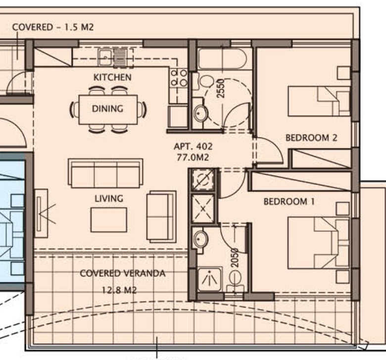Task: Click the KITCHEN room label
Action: pyautogui.click(x=112, y=77)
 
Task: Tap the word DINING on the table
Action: pyautogui.click(x=107, y=108)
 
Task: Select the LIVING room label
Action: pyautogui.click(x=109, y=198)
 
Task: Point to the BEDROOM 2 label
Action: pyautogui.click(x=311, y=137)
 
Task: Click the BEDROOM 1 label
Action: pyautogui.click(x=289, y=202)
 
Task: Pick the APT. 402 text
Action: pyautogui.click(x=193, y=146)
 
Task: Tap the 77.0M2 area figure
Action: pyautogui.click(x=193, y=157)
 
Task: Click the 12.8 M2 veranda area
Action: pyautogui.click(x=119, y=290)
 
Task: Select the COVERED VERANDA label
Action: pyautogui.click(x=123, y=273)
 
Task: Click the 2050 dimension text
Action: pyautogui.click(x=235, y=258)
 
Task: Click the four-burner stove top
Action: pyautogui.click(x=179, y=78)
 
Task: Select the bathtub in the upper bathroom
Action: pyautogui.click(x=222, y=58)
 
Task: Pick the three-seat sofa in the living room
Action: pyautogui.click(x=105, y=173)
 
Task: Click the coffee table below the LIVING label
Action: pyautogui.click(x=109, y=220)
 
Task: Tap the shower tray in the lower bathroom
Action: pyautogui.click(x=209, y=279)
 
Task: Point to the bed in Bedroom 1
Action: pyautogui.click(x=319, y=243)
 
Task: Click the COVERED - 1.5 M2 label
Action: pyautogui.click(x=53, y=27)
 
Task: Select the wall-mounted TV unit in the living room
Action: pyautogui.click(x=41, y=213)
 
